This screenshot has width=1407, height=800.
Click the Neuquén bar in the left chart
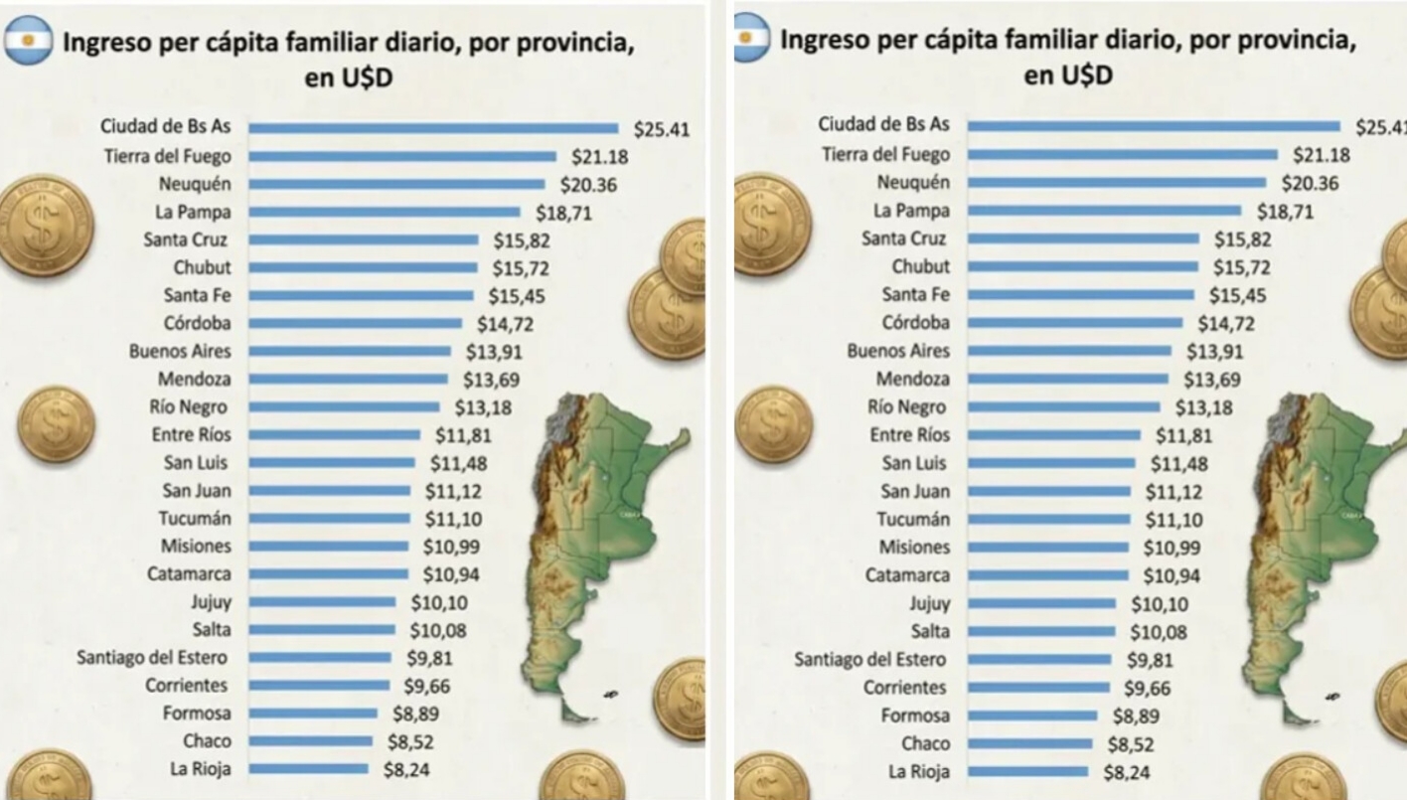tap(396, 184)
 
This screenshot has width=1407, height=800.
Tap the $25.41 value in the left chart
tap(661, 128)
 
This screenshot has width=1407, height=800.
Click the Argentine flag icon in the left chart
tap(28, 41)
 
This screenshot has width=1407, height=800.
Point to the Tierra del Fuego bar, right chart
tap(1122, 154)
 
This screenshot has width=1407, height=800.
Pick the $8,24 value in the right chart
tap(1128, 771)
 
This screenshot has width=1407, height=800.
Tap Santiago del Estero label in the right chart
tap(871, 659)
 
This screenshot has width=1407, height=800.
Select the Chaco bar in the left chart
tap(310, 740)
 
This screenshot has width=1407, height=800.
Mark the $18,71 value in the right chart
tap(1285, 211)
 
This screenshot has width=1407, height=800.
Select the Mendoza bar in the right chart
tap(1067, 379)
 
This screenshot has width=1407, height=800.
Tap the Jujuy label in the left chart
tap(211, 601)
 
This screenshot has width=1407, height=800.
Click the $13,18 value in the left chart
tap(483, 406)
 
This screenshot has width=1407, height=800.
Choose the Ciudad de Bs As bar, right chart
tap(1153, 125)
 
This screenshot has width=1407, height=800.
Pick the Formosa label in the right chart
tap(915, 716)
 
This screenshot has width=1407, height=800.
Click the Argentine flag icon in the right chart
tap(751, 37)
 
